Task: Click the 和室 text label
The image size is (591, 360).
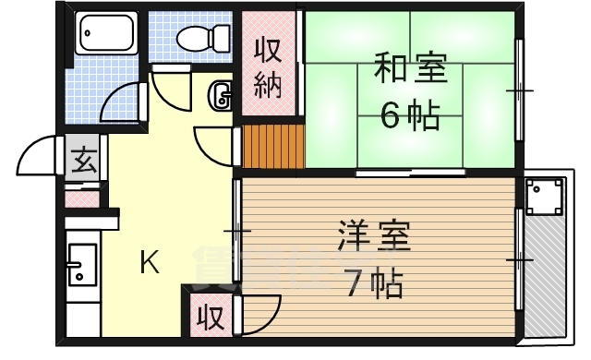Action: point(410,70)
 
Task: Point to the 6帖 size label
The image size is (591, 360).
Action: point(410,115)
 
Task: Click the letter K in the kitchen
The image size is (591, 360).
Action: point(149,264)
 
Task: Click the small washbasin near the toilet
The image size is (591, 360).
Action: point(222,94)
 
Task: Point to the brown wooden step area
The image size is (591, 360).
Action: point(273,147)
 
